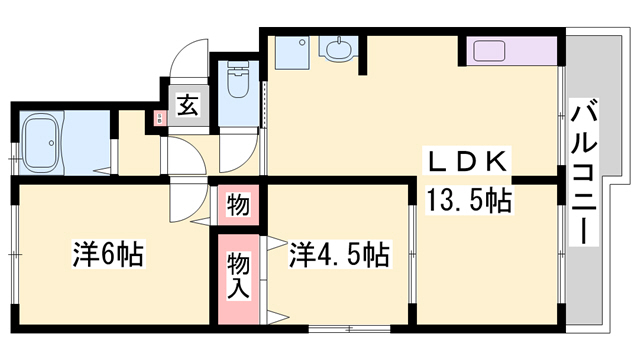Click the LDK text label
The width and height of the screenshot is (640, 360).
pos(469,163)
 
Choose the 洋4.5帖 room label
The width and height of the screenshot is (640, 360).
pos(340,255)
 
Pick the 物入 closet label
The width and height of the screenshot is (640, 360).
pos(238,274)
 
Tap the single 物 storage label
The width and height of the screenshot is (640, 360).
pos(238,206)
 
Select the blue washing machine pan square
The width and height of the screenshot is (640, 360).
pos(293,49)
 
